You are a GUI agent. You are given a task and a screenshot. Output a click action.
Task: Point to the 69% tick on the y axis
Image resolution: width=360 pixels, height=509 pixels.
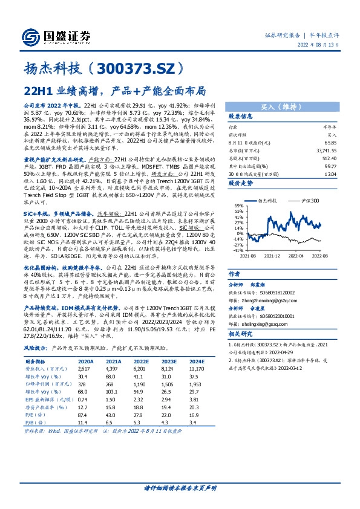click(238, 206)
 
